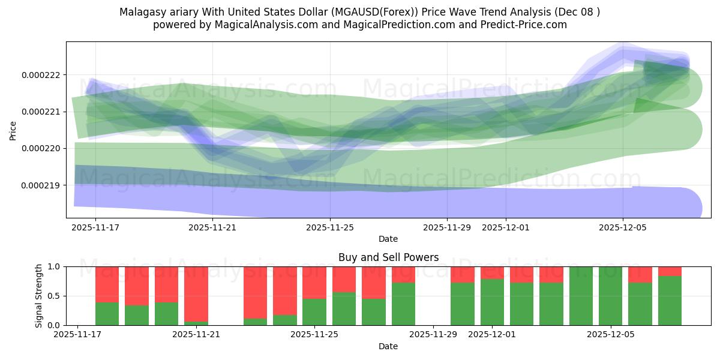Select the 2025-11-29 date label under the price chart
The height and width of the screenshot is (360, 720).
tap(446, 227)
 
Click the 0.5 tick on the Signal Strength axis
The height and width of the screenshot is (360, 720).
tap(55, 296)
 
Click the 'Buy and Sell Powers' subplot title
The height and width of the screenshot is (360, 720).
tap(388, 257)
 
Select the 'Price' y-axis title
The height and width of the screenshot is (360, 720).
tap(13, 130)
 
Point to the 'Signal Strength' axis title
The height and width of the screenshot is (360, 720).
tap(39, 296)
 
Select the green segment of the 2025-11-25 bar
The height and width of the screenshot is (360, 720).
tap(314, 312)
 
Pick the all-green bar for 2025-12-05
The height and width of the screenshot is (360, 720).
tap(610, 296)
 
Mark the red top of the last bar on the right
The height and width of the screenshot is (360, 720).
tap(670, 271)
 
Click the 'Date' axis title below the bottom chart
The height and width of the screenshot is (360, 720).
tap(388, 346)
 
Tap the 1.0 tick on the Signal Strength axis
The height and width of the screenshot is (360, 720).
tap(55, 266)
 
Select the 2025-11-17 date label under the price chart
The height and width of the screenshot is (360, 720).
tap(95, 227)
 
